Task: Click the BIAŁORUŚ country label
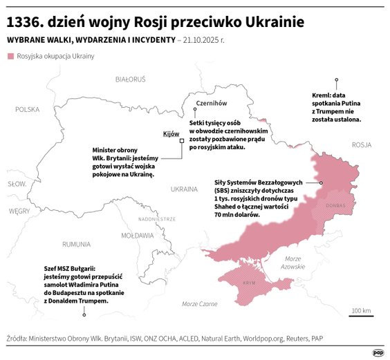pyautogui.click(x=130, y=80)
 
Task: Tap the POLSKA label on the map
pyautogui.click(x=28, y=109)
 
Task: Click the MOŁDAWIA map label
pyautogui.click(x=137, y=235)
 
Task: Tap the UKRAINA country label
pyautogui.click(x=184, y=188)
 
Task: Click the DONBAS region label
pyautogui.click(x=335, y=205)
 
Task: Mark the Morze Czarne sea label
pyautogui.click(x=199, y=303)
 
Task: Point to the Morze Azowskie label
pyautogui.click(x=293, y=263)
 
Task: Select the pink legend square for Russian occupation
pyautogui.click(x=10, y=55)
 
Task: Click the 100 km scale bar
pyautogui.click(x=362, y=316)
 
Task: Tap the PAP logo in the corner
pyautogui.click(x=378, y=352)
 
